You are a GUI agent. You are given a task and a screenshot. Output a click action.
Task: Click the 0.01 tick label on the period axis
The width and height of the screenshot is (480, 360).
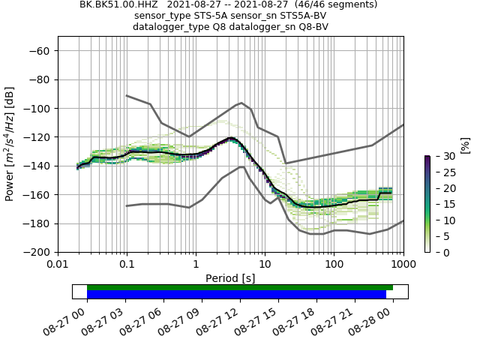tap(58, 265)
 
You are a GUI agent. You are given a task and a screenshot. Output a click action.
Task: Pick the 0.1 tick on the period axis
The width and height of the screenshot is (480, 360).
tap(127, 265)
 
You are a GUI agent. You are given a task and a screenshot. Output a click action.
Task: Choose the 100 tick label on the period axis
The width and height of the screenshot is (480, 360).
tap(334, 265)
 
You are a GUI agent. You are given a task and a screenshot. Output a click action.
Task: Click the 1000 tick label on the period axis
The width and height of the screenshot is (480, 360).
tap(403, 265)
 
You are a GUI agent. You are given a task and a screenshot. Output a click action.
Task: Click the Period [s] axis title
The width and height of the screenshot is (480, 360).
tap(230, 278)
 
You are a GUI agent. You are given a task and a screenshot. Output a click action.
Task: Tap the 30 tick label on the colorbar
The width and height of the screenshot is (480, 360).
tap(441, 156)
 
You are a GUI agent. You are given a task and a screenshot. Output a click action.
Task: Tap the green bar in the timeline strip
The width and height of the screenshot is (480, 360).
tap(240, 287)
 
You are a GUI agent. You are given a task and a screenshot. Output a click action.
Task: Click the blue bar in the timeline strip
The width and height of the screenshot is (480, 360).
tap(236, 295)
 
